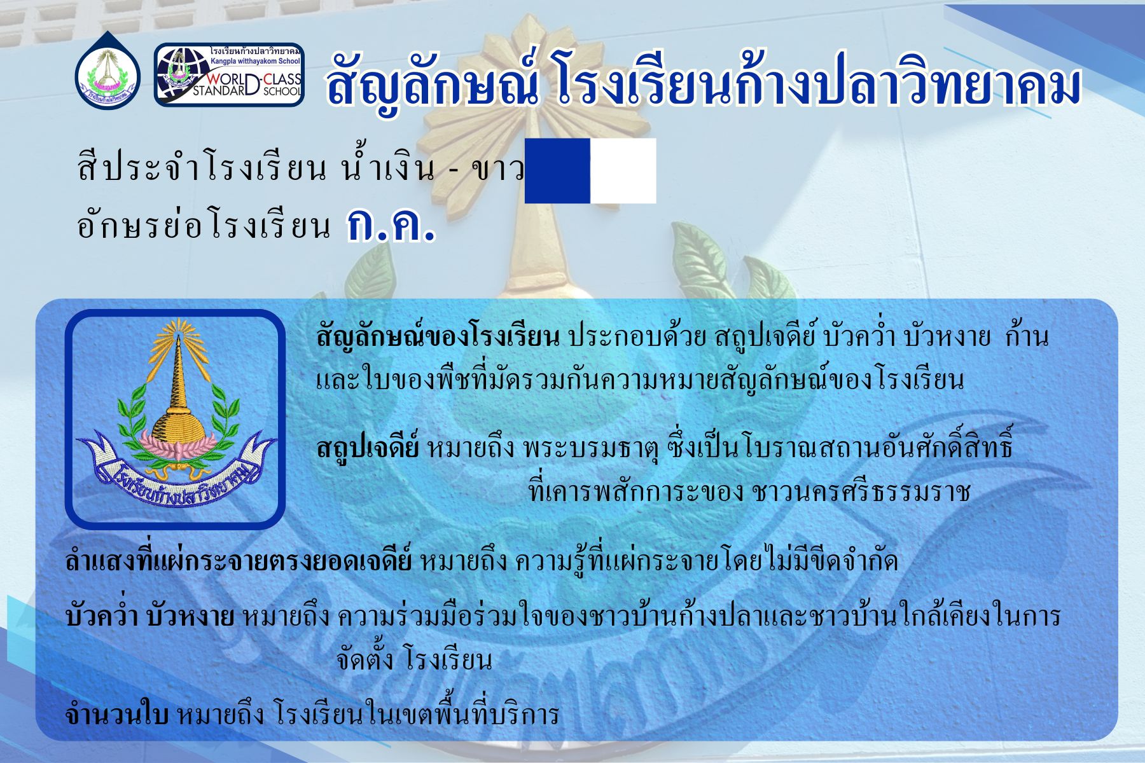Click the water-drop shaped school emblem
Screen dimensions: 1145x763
click(107, 71)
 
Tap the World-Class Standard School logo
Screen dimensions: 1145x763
click(229, 74)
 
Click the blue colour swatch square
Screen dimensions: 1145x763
click(557, 171)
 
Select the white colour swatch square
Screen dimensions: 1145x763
click(623, 171)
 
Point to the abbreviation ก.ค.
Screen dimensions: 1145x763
click(391, 225)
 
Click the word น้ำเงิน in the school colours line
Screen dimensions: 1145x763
click(389, 168)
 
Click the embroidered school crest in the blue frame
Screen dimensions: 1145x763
click(176, 420)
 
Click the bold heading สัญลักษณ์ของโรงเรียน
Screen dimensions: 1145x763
click(438, 338)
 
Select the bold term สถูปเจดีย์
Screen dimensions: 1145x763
click(368, 448)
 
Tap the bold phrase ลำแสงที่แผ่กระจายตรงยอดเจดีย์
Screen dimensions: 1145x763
click(239, 561)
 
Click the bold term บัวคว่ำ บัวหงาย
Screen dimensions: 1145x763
click(149, 616)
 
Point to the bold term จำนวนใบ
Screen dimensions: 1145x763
click(116, 715)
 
